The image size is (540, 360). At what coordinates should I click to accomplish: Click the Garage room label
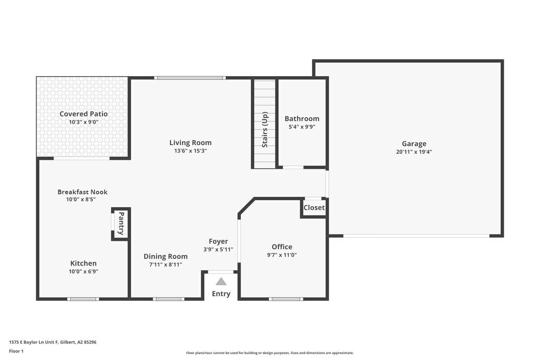[x=414, y=144]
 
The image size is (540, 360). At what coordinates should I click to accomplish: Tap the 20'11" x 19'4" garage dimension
[x=414, y=152]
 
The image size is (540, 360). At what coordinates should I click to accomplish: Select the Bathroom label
[x=302, y=119]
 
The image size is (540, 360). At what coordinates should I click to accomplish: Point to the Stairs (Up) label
[x=265, y=130]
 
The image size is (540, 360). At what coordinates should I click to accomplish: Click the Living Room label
[x=190, y=142]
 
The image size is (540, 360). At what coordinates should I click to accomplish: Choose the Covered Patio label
[x=83, y=114]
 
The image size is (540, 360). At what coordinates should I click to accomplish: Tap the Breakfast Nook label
[x=83, y=192]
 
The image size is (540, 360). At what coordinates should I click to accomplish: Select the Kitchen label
[x=83, y=263]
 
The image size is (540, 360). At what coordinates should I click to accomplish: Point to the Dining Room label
[x=165, y=256]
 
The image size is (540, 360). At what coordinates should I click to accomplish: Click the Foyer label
[x=218, y=241]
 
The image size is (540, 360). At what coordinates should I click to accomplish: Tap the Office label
[x=282, y=247]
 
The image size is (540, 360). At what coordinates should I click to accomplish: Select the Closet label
[x=314, y=207]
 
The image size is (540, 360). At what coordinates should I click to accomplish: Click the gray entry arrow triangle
[x=221, y=281]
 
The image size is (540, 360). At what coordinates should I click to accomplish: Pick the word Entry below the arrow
[x=221, y=294]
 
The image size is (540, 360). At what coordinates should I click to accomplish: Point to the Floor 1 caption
[x=16, y=351]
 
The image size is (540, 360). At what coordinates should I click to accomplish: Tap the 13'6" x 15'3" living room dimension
[x=190, y=151]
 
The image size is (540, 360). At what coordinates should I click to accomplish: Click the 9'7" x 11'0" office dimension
[x=282, y=255]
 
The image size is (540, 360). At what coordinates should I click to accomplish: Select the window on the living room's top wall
[x=190, y=78]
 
